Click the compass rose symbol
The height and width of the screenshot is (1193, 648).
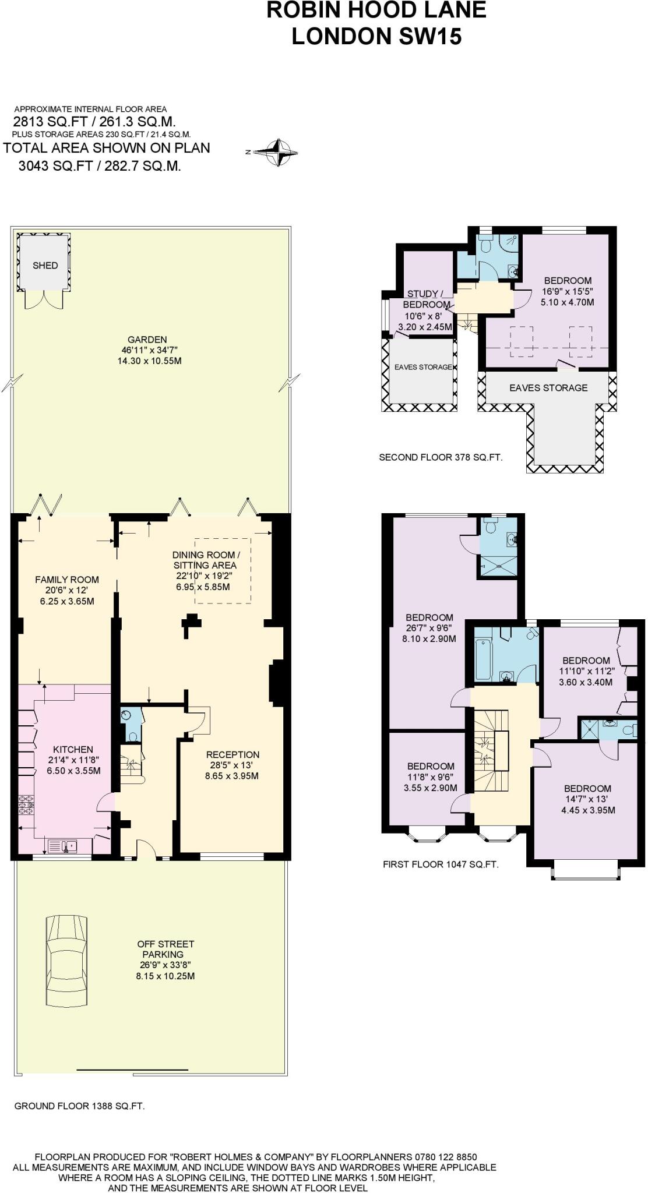(x=278, y=153)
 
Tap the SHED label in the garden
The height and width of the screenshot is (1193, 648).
(x=45, y=266)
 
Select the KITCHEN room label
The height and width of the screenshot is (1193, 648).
(x=73, y=750)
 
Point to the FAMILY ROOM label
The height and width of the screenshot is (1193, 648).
(x=67, y=580)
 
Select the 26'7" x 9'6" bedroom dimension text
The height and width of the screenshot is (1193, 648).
(x=429, y=629)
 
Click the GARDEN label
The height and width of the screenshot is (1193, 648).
(x=147, y=340)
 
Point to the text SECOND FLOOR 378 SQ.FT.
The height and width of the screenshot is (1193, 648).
(x=441, y=457)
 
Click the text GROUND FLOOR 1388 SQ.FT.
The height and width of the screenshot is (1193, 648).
(x=79, y=1106)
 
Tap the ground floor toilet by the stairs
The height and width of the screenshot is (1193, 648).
(x=132, y=736)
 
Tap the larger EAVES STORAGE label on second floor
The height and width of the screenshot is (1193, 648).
(x=548, y=388)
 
